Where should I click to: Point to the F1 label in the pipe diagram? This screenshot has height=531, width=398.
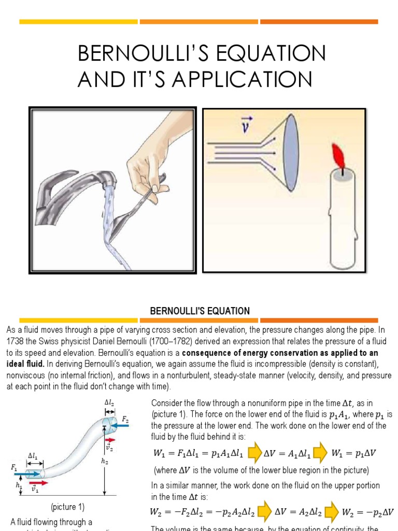pos(14,467)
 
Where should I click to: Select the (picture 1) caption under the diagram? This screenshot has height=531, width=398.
pos(67,507)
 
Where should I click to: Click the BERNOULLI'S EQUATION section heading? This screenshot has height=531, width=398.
pos(200,311)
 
